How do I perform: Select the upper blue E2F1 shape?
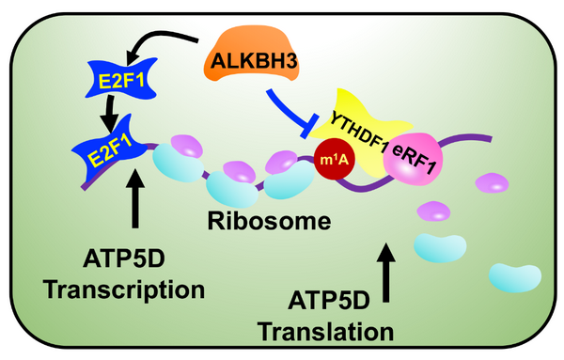pyautogui.click(x=121, y=79)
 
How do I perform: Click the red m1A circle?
pyautogui.click(x=335, y=159)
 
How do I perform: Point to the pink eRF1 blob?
pyautogui.click(x=413, y=159)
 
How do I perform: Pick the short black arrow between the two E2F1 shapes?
pyautogui.click(x=110, y=114)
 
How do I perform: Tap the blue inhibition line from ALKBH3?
pyautogui.click(x=290, y=113)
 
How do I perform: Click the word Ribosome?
pyautogui.click(x=269, y=221)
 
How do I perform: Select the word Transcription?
pyautogui.click(x=124, y=290)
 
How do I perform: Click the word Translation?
pyautogui.click(x=326, y=332)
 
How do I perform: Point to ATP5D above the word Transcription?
pyautogui.click(x=124, y=258)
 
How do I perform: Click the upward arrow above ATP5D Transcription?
pyautogui.click(x=135, y=198)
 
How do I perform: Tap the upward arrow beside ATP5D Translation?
pyautogui.click(x=386, y=273)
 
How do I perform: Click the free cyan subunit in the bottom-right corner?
pyautogui.click(x=515, y=277)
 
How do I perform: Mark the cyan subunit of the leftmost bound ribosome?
pyautogui.click(x=177, y=163)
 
